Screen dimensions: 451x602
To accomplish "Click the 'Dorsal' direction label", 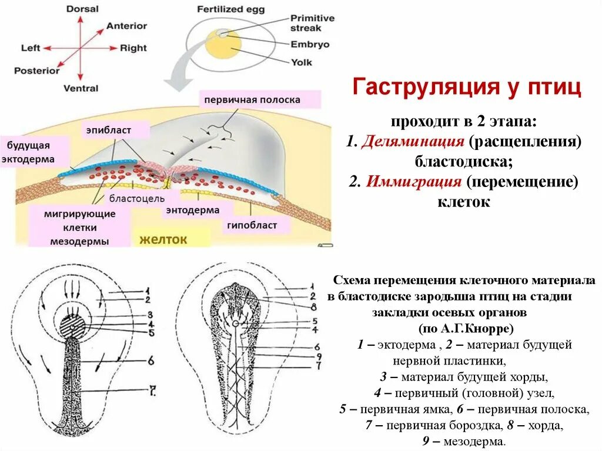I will (x=82, y=9).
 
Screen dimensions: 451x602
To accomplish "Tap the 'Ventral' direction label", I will (x=81, y=88).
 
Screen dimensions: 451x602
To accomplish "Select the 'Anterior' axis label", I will (x=126, y=26).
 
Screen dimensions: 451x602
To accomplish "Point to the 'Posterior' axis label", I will (x=37, y=71).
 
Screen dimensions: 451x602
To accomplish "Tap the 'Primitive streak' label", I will (x=312, y=22).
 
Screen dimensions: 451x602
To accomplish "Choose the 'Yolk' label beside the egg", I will (x=301, y=61).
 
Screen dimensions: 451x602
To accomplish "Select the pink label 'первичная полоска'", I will (x=252, y=100).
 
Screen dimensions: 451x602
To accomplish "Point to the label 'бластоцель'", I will (x=137, y=199).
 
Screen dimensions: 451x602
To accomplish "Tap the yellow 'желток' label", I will (x=163, y=239).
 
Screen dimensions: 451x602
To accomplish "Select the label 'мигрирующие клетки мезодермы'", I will (x=79, y=228).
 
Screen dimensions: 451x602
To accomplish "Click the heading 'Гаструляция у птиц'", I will (x=467, y=88).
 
